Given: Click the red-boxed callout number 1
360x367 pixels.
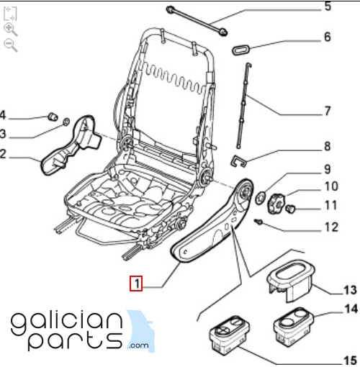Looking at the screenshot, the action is (136, 284).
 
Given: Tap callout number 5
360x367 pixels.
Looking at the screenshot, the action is (328, 6).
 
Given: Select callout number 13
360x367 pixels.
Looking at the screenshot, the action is (350, 290).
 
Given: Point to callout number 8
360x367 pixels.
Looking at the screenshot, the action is (328, 146).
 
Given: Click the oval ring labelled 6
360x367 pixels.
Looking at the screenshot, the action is (241, 50).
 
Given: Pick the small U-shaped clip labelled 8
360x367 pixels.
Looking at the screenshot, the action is (238, 161).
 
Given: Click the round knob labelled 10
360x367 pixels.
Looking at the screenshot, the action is (276, 204).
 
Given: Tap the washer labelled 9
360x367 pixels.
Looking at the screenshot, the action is (260, 199).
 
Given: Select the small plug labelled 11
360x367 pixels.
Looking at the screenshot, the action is (290, 209).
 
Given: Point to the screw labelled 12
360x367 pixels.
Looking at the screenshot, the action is (258, 222).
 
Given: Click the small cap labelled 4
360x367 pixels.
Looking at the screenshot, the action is (53, 117).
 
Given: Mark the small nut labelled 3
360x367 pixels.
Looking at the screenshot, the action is (66, 122).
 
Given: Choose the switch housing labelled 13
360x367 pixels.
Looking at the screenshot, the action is (291, 281).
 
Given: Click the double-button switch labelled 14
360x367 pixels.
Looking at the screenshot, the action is (294, 327).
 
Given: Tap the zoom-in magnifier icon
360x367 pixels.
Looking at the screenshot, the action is (11, 30).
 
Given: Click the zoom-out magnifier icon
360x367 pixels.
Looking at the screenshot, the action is (11, 45).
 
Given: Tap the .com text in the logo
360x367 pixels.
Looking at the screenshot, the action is (138, 345).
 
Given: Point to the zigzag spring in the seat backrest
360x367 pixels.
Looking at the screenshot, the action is (174, 78).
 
